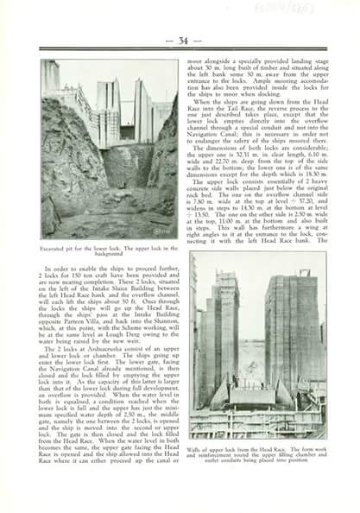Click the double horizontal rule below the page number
[183, 51]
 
